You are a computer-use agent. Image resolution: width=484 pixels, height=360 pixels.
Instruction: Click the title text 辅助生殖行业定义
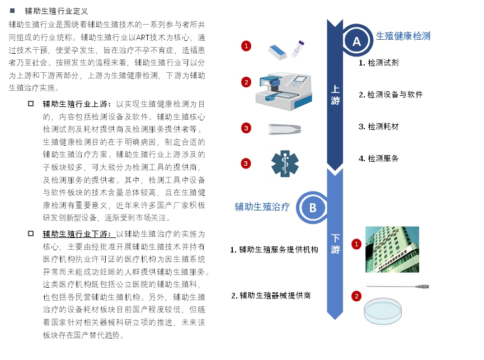tap(57, 11)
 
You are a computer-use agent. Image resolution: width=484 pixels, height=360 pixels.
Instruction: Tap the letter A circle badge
tap(356, 41)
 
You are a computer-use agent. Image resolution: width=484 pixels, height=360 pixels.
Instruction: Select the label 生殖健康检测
tap(403, 36)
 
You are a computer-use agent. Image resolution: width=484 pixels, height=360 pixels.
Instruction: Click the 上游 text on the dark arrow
tap(335, 95)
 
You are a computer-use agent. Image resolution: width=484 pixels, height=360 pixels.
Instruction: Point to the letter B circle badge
tap(313, 208)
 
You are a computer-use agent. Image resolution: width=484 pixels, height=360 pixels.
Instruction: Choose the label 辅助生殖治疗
tap(262, 207)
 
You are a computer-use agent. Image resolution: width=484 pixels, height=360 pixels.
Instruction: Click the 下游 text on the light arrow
tap(335, 244)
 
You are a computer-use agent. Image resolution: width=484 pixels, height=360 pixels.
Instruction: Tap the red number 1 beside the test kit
tap(246, 46)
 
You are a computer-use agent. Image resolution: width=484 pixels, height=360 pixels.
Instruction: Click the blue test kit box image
tap(277, 52)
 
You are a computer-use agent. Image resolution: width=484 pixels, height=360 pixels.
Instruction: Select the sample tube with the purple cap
tap(298, 49)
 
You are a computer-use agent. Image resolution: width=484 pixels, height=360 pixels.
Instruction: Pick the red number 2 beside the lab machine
tap(246, 82)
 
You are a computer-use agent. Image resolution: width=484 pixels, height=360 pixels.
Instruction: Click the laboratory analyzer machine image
tap(284, 90)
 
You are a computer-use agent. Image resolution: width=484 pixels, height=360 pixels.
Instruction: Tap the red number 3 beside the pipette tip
tap(246, 128)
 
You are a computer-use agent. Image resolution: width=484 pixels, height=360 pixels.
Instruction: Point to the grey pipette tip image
tap(285, 129)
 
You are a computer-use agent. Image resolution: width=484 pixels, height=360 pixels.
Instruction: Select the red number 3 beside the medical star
tap(246, 163)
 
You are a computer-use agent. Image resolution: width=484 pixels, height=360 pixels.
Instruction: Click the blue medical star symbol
tap(284, 163)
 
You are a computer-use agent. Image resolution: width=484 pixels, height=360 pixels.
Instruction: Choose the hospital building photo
tap(392, 249)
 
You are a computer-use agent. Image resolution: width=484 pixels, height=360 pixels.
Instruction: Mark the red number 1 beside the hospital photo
tap(356, 244)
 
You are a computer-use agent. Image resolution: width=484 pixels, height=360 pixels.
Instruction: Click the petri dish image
tap(383, 311)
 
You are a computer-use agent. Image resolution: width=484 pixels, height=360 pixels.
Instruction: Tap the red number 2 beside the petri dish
tap(356, 296)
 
